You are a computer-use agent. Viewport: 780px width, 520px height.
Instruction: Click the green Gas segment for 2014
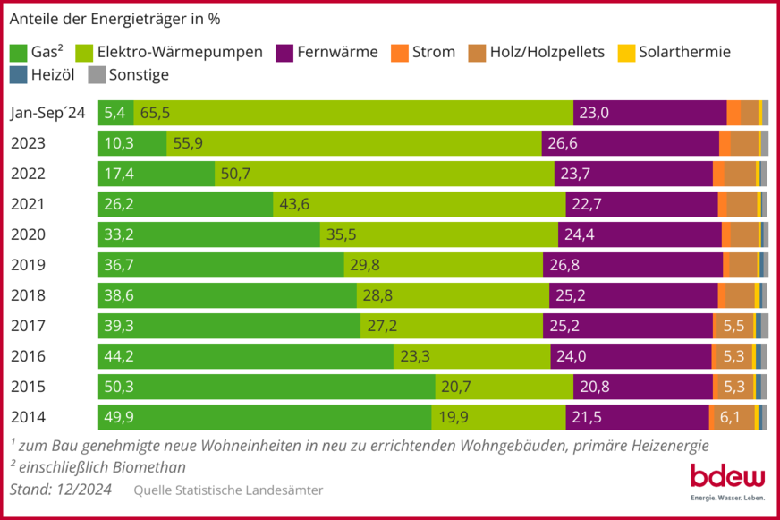265,417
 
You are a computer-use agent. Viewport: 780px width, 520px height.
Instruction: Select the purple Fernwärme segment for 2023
631,143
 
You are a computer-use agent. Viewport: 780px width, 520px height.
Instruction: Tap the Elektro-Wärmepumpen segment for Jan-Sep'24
353,113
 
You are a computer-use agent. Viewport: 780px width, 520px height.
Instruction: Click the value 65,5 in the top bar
155,113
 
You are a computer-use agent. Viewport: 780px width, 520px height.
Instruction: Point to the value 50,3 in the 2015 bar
119,387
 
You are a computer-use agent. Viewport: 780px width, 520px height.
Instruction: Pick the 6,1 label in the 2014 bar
730,417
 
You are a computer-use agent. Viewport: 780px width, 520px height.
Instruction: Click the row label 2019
28,265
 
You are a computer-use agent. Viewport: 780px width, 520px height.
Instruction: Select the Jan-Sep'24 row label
48,113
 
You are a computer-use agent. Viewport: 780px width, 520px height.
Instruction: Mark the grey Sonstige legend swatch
97,75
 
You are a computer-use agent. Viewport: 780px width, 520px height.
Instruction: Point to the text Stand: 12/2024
62,490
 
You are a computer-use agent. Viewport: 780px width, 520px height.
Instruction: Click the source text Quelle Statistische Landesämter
228,490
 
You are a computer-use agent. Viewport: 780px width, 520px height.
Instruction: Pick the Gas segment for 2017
229,326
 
